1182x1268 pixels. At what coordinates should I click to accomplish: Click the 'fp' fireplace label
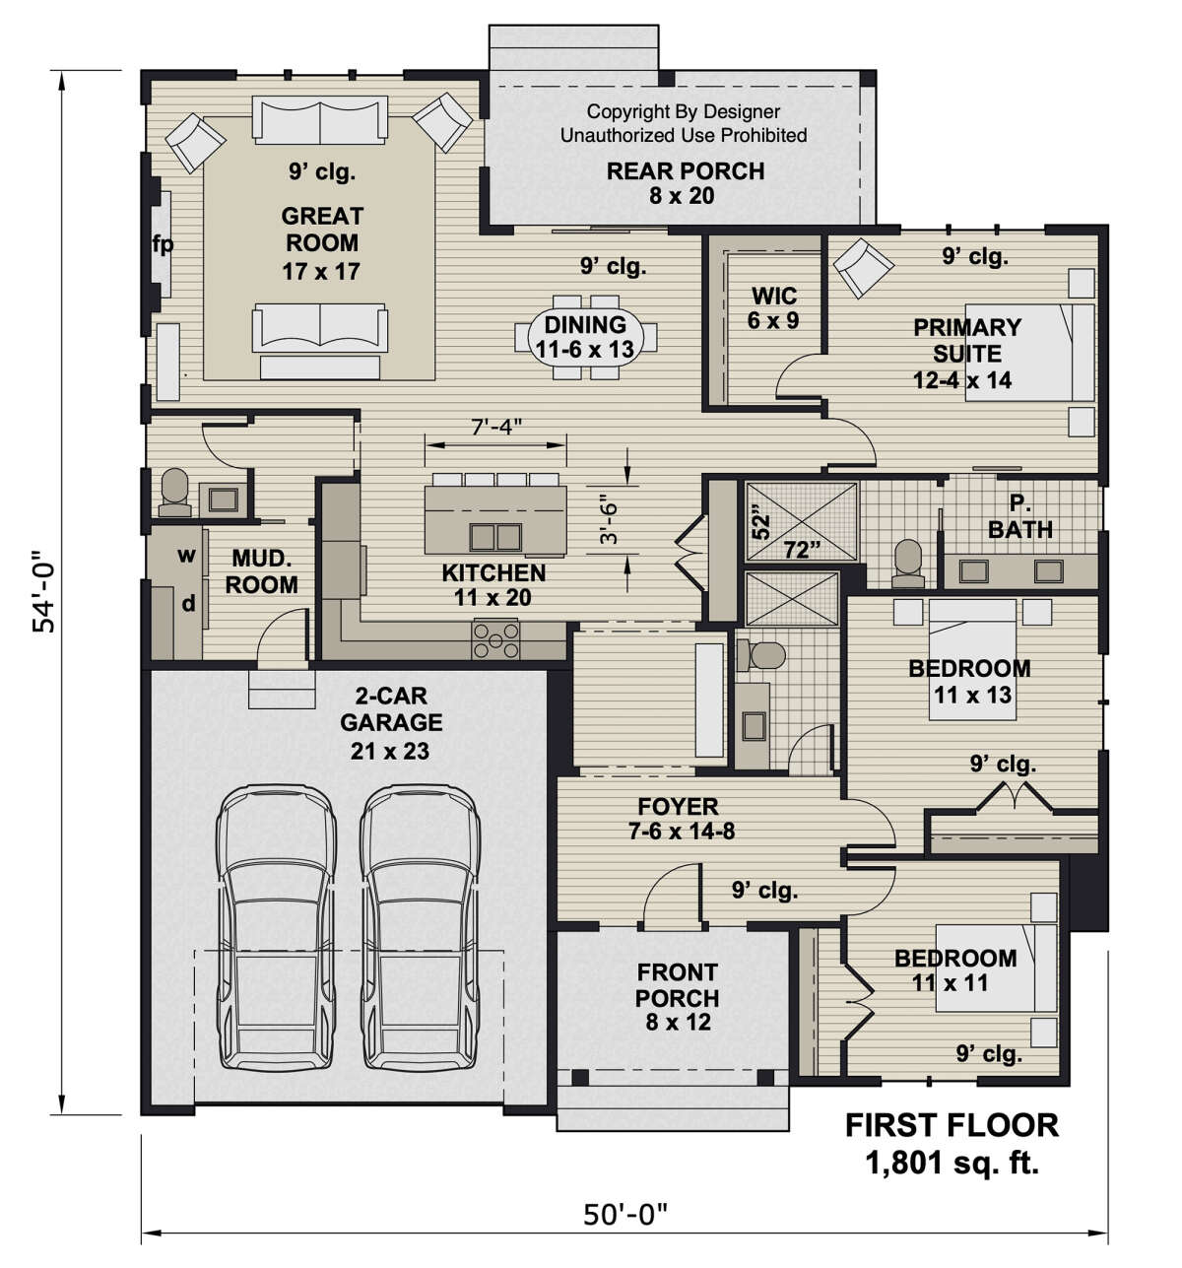163,244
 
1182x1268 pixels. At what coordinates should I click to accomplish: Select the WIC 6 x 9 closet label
773,307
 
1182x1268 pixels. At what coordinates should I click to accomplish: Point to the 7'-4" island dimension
496,427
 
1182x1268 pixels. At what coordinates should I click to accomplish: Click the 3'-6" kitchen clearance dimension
609,519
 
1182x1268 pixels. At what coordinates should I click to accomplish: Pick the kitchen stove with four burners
494,639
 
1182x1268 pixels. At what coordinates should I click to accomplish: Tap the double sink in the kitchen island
494,537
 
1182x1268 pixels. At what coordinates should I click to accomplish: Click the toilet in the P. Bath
907,564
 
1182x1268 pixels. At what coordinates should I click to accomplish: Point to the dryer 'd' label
188,602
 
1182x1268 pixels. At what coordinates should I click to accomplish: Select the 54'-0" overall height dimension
43,592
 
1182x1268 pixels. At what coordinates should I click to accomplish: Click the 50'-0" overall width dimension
625,1215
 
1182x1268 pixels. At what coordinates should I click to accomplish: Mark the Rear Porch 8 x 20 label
685,183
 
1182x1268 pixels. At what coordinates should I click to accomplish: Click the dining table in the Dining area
585,337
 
